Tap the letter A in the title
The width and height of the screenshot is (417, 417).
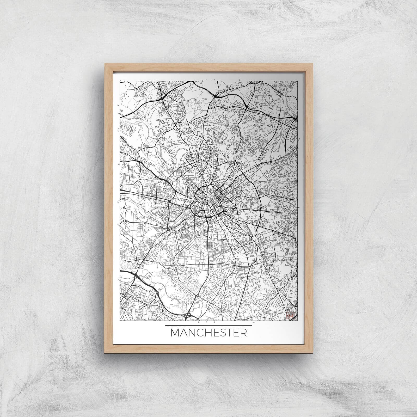coord(184,333)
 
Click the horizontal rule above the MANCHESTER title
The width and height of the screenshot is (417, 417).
coord(208,325)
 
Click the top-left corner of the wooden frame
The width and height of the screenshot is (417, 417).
coord(105,63)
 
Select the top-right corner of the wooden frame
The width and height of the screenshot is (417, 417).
coord(312,63)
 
